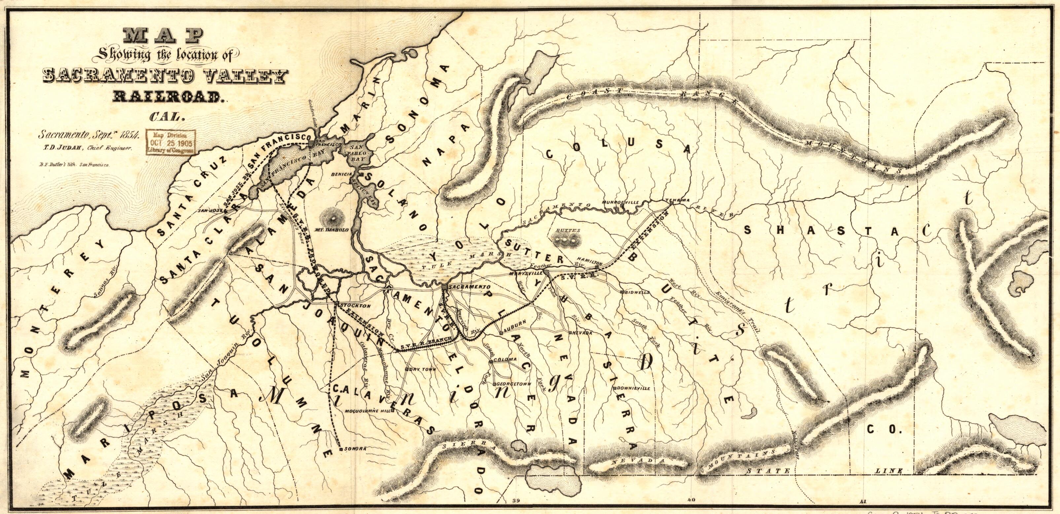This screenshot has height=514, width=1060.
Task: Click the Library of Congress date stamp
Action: pos(171,142)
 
